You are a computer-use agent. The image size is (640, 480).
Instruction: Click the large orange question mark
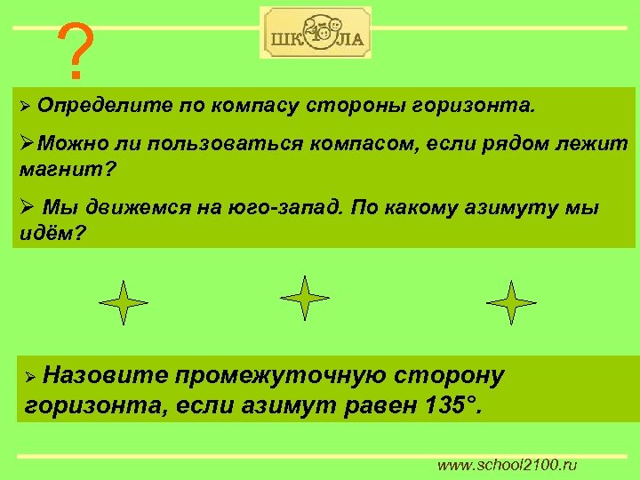coord(75,51)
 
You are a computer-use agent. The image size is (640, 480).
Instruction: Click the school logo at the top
coord(316,34)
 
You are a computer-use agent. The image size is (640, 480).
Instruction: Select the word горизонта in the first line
coord(475,108)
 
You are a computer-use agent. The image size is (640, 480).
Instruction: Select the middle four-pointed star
coord(305,298)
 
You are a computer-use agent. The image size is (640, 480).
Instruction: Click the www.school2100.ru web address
coord(507,465)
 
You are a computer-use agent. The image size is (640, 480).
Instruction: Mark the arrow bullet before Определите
coord(26,108)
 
